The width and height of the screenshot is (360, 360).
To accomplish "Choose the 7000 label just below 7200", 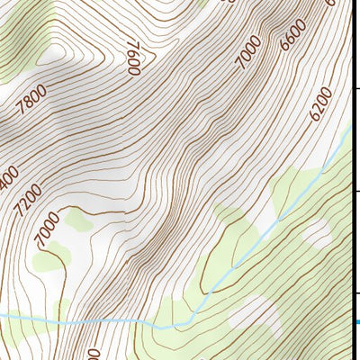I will coord(48,229).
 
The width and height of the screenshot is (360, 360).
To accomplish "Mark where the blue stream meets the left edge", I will coord(2,316).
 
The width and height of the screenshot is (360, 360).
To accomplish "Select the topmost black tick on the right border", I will coord(356,88).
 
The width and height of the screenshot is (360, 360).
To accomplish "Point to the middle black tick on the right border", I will coord(356,191).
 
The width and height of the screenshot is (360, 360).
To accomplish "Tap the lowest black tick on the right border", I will coord(356,293).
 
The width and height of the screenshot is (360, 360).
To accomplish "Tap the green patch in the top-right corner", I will coord(334,6).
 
